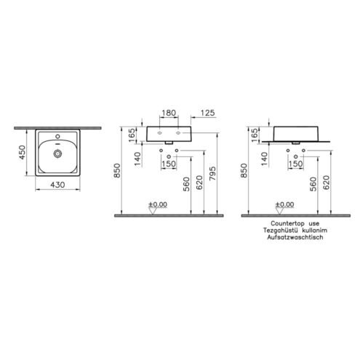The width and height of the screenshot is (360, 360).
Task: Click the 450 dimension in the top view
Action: (22, 152)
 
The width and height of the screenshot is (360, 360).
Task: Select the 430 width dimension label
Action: (57, 185)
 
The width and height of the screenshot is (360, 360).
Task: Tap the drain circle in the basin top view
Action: (57, 153)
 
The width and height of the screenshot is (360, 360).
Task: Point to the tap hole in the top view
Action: (57, 136)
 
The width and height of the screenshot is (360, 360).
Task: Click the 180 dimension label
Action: (169, 113)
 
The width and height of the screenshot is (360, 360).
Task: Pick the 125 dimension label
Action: (208, 113)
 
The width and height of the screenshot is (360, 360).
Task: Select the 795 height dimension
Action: (212, 173)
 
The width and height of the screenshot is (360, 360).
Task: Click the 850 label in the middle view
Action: (117, 170)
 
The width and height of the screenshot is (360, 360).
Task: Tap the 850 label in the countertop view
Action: (244, 170)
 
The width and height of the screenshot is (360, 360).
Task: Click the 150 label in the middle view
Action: (169, 164)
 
